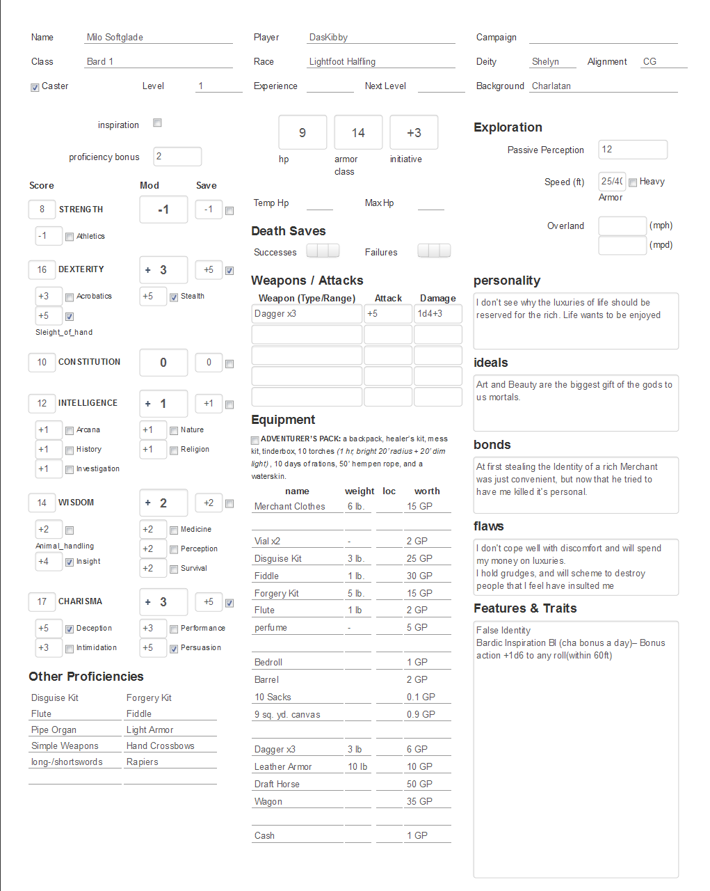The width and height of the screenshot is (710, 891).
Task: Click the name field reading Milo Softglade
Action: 159,38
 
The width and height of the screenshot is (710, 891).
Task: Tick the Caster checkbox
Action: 35,87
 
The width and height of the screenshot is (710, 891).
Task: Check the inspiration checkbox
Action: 158,123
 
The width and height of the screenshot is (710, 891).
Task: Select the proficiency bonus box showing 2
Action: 177,157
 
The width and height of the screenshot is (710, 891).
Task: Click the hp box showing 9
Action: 302,132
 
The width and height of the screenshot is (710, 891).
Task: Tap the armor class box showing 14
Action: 358,132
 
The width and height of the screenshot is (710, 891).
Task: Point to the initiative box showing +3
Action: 414,132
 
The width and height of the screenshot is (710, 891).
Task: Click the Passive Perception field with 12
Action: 633,150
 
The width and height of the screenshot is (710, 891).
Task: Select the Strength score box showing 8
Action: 42,210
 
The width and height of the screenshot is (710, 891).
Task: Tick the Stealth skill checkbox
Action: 174,297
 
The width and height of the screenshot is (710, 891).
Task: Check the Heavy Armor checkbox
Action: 633,182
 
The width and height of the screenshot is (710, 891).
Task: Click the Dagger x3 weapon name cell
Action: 307,314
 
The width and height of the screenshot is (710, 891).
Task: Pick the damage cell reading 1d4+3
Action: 438,314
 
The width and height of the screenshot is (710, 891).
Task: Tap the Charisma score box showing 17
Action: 42,601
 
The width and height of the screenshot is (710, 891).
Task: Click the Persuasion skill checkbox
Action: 174,649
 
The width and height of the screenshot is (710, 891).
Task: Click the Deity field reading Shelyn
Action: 553,62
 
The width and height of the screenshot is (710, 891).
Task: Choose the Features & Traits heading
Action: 525,608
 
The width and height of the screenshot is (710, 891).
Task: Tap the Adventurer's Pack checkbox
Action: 255,440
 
